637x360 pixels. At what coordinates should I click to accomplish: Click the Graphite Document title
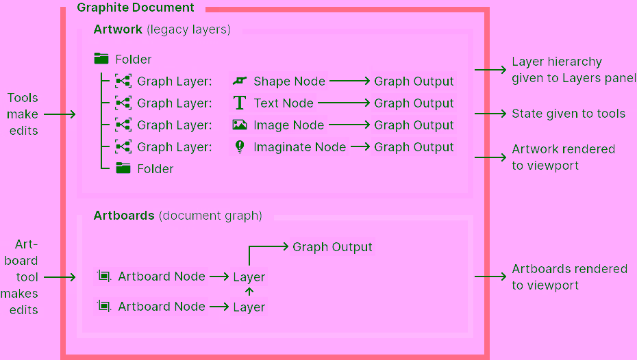pos(136,8)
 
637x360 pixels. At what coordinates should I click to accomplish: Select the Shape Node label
pos(289,81)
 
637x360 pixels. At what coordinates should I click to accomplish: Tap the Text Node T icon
pos(240,103)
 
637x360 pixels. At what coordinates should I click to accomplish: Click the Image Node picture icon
pos(240,125)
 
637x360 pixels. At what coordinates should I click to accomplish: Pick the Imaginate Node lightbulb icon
pos(240,146)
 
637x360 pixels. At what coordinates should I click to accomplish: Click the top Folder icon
pos(101,59)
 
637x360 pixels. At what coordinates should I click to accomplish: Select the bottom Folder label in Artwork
pos(155,169)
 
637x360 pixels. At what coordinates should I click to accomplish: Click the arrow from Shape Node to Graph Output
pos(349,81)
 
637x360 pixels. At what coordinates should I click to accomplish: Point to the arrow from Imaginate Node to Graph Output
pos(360,147)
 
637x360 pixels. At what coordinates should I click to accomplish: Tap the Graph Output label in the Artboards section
pos(332,247)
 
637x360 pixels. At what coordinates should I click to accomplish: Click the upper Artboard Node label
pos(162,277)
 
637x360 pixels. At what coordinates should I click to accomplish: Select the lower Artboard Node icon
pos(103,307)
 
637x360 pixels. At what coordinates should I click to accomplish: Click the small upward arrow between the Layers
pos(249,292)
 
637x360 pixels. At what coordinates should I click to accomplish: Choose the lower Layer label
pos(249,307)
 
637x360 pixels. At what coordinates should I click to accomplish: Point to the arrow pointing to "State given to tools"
pos(490,114)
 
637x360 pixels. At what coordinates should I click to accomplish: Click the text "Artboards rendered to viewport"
pos(569,277)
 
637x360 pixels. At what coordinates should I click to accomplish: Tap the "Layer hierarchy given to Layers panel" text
pos(573,70)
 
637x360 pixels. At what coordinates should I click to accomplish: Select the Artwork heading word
pos(118,29)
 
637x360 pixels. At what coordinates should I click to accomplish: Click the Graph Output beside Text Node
pos(414,103)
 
